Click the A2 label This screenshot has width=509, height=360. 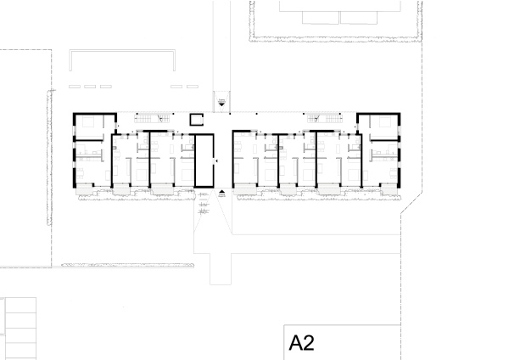tap(301, 343)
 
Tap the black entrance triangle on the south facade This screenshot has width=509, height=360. tap(221, 193)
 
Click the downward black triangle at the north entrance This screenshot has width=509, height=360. tap(221, 104)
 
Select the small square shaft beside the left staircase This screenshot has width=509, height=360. tap(197, 119)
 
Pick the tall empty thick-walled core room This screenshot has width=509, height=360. tap(204, 160)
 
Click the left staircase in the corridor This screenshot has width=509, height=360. tap(153, 118)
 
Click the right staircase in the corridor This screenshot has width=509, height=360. tap(325, 118)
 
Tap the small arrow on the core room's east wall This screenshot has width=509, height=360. tap(216, 160)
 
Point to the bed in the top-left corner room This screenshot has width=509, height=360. tap(88, 122)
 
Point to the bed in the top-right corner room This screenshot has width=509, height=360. tap(385, 122)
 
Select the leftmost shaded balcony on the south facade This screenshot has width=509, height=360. tap(85, 191)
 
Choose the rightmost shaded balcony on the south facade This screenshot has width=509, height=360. tap(389, 191)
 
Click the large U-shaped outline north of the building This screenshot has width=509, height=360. tap(122, 51)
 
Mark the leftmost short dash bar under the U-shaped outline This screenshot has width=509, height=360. tap(75, 87)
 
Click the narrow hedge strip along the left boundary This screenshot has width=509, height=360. tap(49, 158)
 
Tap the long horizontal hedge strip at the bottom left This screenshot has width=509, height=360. tap(128, 265)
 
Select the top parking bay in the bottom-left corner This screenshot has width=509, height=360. tap(20, 306)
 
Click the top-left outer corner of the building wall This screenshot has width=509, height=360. tap(73, 113)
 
